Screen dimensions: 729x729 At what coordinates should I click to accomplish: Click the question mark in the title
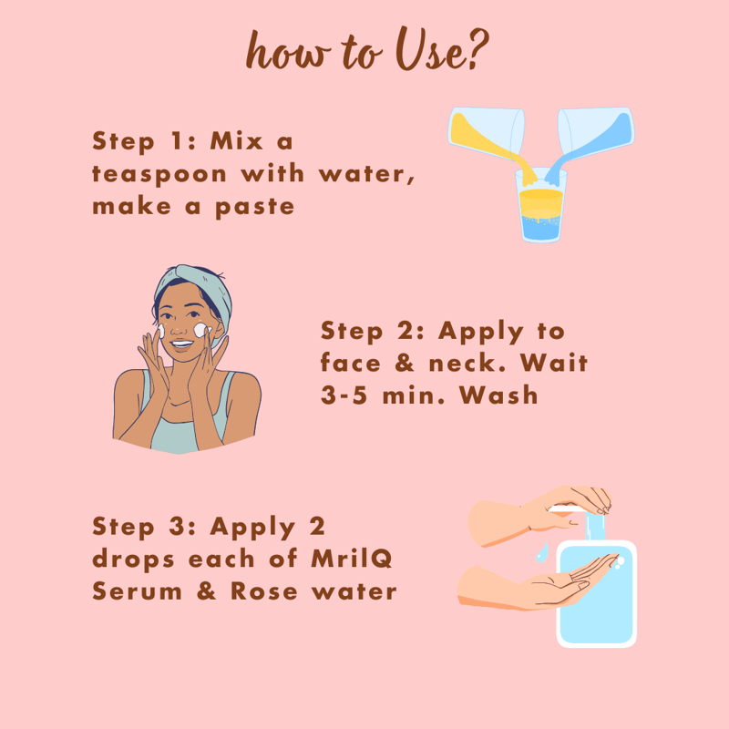coord(477,50)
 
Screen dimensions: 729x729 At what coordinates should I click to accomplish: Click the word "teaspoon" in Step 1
coord(159,175)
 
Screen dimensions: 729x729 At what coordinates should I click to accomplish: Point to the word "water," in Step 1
coord(366,174)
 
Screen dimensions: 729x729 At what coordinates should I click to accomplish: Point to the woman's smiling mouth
coord(181,344)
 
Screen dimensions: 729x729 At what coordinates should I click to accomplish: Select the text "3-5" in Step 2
coord(344,395)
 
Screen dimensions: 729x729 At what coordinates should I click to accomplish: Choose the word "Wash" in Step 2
coord(498,395)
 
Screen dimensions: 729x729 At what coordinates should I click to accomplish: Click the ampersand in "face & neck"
coord(405,363)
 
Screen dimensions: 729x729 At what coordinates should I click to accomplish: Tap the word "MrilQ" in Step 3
coord(352,559)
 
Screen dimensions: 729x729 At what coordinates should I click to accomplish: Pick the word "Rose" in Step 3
coord(263,590)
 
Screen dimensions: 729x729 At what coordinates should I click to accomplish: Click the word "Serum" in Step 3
coord(138,590)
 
